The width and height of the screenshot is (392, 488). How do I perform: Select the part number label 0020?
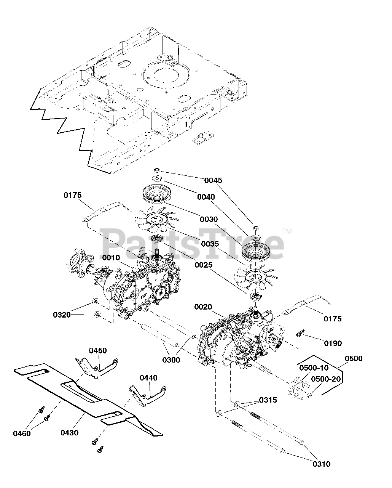[x=203, y=307]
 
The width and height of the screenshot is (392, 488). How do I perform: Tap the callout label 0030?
[x=209, y=219]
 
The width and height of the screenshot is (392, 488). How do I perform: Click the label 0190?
[x=333, y=343]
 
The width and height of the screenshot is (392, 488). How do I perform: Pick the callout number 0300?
[x=171, y=360]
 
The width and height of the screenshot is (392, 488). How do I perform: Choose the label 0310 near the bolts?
[x=321, y=464]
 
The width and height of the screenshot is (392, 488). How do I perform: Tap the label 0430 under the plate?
[x=70, y=433]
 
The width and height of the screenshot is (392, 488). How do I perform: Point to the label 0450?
[x=98, y=350]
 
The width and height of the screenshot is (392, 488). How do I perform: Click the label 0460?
[x=22, y=433]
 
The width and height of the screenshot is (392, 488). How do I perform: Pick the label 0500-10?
[x=314, y=368]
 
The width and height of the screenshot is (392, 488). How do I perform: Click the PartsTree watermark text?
[x=192, y=243]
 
